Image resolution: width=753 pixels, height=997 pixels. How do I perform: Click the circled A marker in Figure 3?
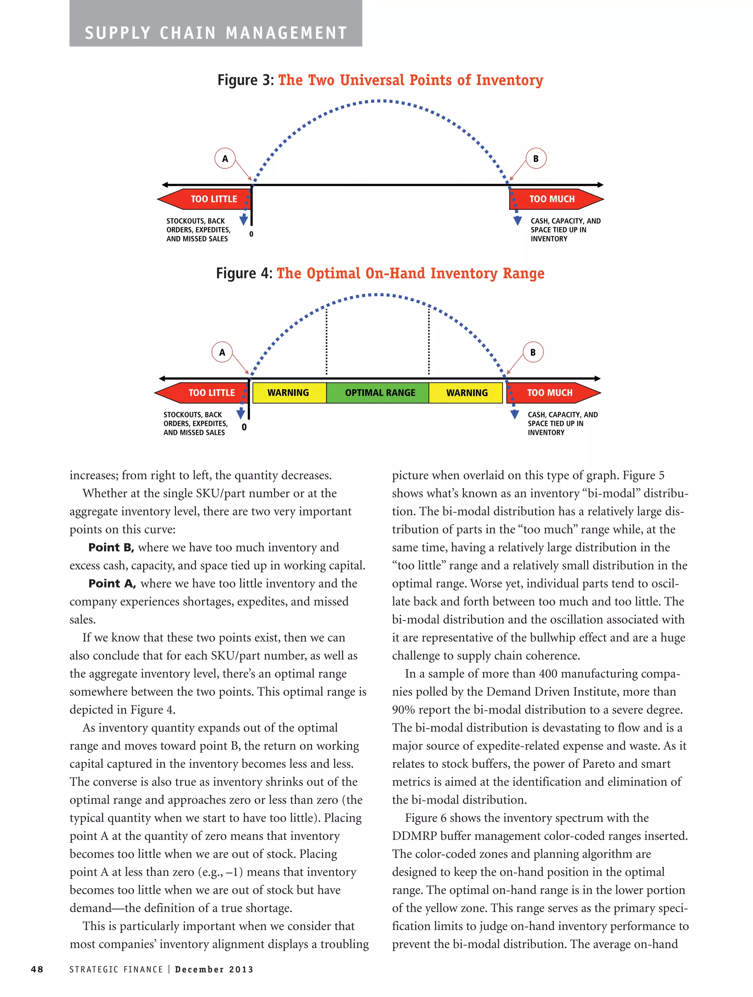pos(225,158)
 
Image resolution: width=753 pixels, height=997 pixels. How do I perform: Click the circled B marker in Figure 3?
pos(535,158)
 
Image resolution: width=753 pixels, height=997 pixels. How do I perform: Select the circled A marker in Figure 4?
pos(222,352)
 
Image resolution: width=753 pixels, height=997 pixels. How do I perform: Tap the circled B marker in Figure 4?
pos(533,352)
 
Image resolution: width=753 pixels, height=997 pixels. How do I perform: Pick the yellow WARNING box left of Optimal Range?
pos(289,393)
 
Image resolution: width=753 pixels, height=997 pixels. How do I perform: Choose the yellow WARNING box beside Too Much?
pos(466,393)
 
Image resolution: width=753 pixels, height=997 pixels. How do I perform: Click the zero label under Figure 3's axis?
pos(251,234)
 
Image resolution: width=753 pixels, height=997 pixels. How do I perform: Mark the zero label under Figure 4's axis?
pos(244,427)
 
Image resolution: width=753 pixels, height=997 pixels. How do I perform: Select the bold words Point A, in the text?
pos(112,583)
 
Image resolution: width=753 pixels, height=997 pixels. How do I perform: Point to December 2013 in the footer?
pos(214,969)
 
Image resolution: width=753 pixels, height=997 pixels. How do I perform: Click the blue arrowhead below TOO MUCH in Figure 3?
pos(517,221)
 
